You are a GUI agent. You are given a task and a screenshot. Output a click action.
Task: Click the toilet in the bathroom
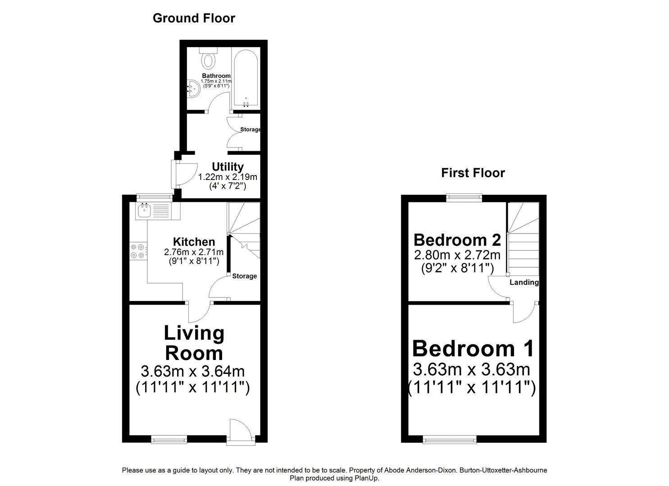pos(209,58)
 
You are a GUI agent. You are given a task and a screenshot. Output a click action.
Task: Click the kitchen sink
pos(145,211)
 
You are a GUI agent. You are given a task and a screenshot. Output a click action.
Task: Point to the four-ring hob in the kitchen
pos(138,251)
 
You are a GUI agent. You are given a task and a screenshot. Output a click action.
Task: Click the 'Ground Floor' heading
pos(194,18)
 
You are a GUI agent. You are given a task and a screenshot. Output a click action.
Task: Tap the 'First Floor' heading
pos(473,173)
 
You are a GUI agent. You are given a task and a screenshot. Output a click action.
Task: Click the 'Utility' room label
pos(228,167)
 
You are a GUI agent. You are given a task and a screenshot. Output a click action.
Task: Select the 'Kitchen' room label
pos(194,242)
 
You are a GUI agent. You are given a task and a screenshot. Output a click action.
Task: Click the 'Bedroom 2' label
pos(457,240)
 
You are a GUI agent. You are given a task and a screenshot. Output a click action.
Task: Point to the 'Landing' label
pos(524,283)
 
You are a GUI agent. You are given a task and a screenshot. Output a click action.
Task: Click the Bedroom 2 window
pos(464,197)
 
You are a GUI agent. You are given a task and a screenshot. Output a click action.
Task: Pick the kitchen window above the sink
pos(155,197)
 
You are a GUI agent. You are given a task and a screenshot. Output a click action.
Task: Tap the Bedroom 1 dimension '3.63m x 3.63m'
pos(471,370)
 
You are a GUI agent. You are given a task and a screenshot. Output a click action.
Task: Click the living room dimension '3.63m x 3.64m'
pos(193,372)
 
